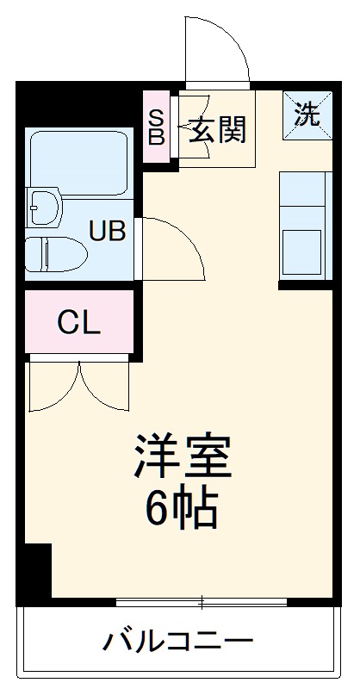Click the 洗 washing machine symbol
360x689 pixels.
[307, 115]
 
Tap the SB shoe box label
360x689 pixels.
[156, 127]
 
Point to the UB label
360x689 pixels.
[109, 230]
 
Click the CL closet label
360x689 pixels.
[79, 323]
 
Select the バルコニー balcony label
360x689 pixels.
[180, 641]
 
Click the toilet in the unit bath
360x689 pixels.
[56, 254]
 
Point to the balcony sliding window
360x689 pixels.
[203, 600]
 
